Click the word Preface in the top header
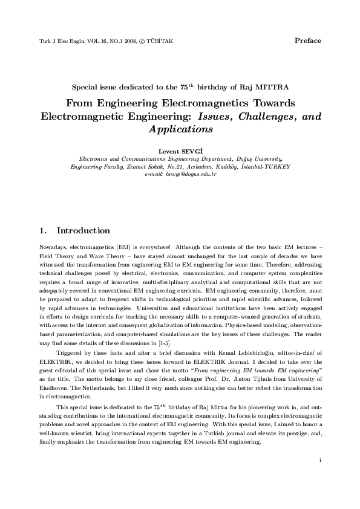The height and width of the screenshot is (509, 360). tap(307, 41)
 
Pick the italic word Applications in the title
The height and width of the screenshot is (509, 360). tap(180, 129)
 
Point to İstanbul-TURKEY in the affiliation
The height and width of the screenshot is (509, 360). tap(266, 166)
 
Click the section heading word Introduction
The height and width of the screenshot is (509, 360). tap(83, 231)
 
